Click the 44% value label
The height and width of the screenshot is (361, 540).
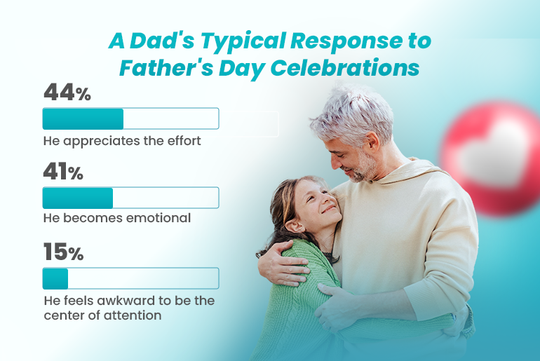[x=67, y=93]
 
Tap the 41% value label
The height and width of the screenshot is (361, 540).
[x=63, y=171]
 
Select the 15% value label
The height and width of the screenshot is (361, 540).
[x=64, y=252]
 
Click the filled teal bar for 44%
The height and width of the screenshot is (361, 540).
[x=83, y=118]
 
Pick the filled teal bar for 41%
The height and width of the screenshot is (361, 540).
[x=78, y=198]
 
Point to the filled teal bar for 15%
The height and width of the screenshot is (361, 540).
[x=55, y=278]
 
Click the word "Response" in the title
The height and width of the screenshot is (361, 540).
[x=346, y=41]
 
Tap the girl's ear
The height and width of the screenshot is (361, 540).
[x=295, y=226]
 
